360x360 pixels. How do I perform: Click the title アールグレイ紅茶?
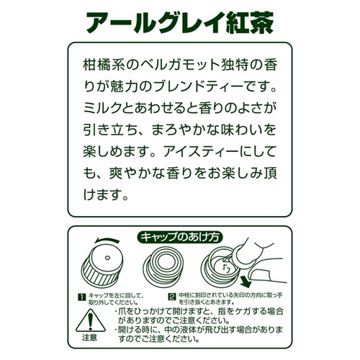tap(180, 23)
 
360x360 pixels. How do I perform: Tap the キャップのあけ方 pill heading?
tap(180, 238)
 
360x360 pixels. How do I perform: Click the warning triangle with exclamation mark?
tap(90, 320)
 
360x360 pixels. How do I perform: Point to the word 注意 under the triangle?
tap(89, 338)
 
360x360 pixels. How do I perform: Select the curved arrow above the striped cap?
tap(107, 240)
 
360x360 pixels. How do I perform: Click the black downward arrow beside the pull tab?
tap(246, 282)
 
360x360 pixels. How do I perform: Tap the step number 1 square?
tap(82, 297)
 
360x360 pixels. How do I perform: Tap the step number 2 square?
tap(172, 297)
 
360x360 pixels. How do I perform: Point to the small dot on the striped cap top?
tap(107, 258)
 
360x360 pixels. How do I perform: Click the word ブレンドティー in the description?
tap(198, 86)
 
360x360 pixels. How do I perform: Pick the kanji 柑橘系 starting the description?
tap(103, 65)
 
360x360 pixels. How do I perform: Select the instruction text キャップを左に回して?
tap(116, 295)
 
